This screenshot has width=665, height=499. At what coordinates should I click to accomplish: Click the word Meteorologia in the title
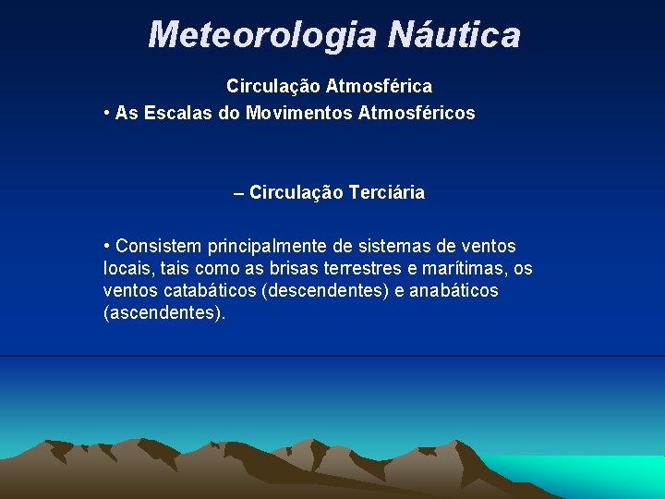[x=262, y=35]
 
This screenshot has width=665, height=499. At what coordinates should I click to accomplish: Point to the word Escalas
[x=173, y=113]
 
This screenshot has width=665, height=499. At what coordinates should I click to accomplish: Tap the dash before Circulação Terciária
[x=239, y=193]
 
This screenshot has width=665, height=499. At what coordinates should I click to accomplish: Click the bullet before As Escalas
[x=108, y=113]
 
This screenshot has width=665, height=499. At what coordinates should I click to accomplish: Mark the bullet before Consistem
[x=108, y=246]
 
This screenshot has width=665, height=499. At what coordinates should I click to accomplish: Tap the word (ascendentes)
[x=164, y=313]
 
